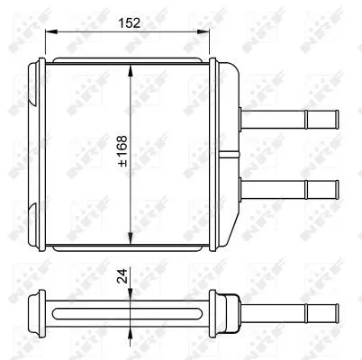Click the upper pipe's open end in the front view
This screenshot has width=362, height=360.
tap(335, 119)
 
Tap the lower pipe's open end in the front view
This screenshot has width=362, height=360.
tap(335, 190)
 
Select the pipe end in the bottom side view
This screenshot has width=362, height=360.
tap(335, 314)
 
